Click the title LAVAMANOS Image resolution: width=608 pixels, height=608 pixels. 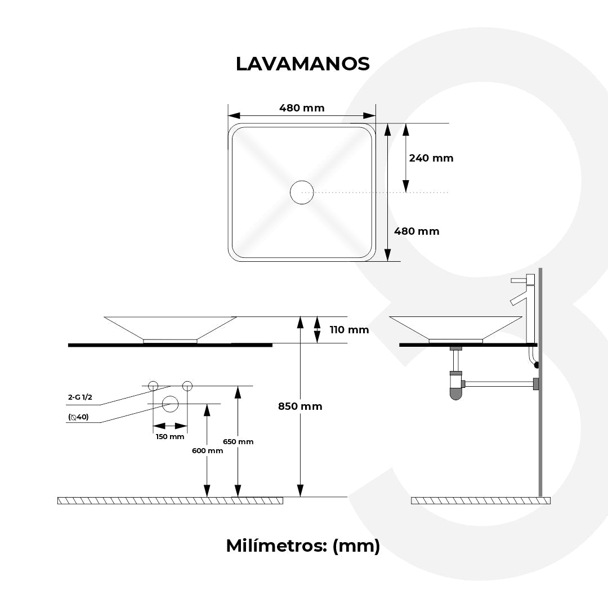[x=302, y=64]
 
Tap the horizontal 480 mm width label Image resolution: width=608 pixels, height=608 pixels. [x=302, y=108]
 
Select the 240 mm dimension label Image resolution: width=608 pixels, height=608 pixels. [x=431, y=158]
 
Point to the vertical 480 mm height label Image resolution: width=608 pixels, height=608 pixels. [x=417, y=231]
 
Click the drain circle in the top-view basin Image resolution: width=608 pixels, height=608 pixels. [x=302, y=193]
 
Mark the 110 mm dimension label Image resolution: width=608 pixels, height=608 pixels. [x=349, y=330]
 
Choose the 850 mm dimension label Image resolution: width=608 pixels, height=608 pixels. [x=300, y=406]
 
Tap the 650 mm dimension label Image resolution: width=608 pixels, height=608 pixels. [x=238, y=441]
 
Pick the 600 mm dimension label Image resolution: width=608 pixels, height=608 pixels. [x=207, y=450]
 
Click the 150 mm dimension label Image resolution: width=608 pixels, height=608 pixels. [x=170, y=437]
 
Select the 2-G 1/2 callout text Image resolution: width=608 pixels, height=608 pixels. [x=80, y=397]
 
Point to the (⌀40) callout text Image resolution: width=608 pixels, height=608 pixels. [x=78, y=417]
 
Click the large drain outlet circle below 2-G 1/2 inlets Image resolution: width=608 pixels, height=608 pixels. [x=170, y=404]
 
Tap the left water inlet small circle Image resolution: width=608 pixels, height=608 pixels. [x=153, y=386]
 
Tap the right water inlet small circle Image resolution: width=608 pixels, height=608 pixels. [x=187, y=386]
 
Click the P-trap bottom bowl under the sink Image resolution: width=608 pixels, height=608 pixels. [x=455, y=394]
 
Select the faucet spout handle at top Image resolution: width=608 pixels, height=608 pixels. [x=518, y=280]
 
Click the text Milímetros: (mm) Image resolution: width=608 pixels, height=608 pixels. [x=303, y=546]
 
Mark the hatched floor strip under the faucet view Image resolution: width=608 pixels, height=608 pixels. [x=480, y=500]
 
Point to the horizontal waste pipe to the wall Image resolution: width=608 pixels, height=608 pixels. [x=498, y=384]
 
